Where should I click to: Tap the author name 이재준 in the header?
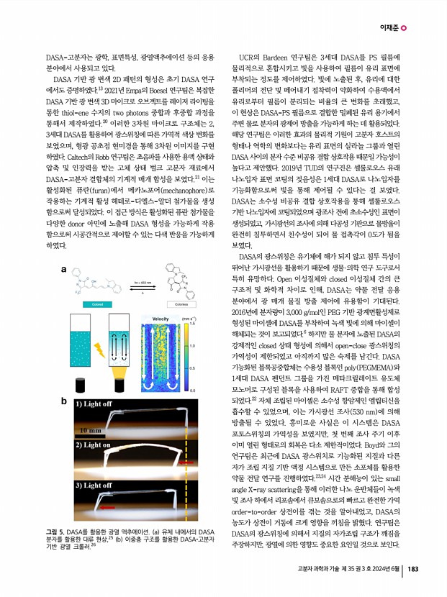(x=389, y=29)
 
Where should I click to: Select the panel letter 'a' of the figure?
(x=65, y=271)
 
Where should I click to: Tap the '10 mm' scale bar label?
(x=91, y=429)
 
